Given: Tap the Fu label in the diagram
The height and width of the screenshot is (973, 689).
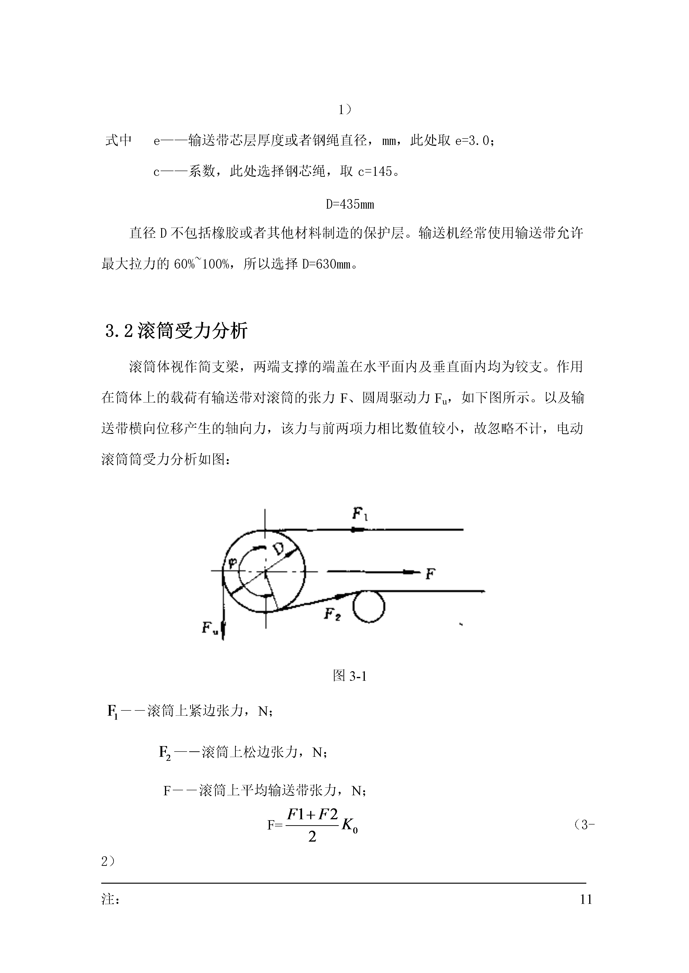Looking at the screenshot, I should coord(210,627).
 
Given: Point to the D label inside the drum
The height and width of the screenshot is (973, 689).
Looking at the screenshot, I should coord(280,549).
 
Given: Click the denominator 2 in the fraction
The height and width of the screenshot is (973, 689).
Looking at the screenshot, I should coord(312,837).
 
